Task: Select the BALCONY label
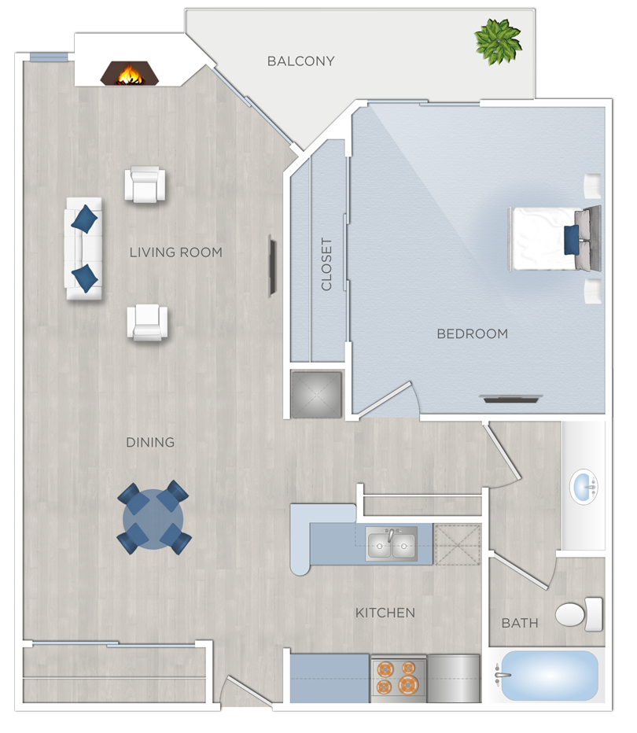[x=300, y=61]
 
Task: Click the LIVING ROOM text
[x=175, y=252]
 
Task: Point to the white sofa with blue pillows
[x=83, y=249]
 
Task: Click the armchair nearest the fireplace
[x=145, y=185]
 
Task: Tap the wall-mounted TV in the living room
[x=272, y=266]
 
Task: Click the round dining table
[x=153, y=520]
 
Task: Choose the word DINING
[x=150, y=442]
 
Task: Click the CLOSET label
[x=326, y=264]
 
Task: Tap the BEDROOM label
[x=472, y=333]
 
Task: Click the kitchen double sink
[x=391, y=544]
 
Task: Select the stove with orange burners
[x=398, y=677]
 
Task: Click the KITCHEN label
[x=385, y=613]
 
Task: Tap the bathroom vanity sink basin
[x=584, y=484]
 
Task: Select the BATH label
[x=520, y=623]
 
